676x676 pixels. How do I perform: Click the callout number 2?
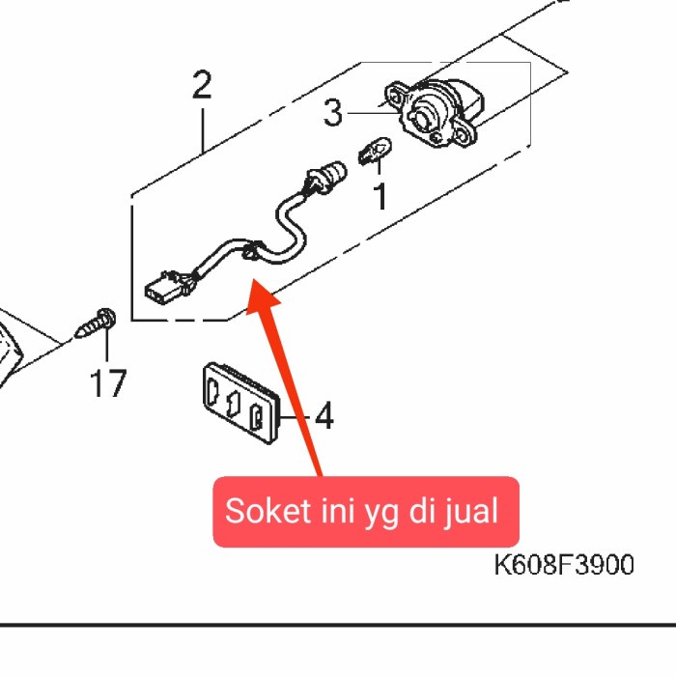[201, 86]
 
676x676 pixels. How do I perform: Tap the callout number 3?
[333, 115]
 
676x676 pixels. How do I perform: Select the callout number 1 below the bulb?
[380, 197]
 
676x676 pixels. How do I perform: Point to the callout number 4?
[324, 417]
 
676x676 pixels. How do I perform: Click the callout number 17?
[108, 384]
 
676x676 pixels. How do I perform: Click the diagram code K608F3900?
[564, 565]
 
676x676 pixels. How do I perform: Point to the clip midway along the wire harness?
[249, 253]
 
